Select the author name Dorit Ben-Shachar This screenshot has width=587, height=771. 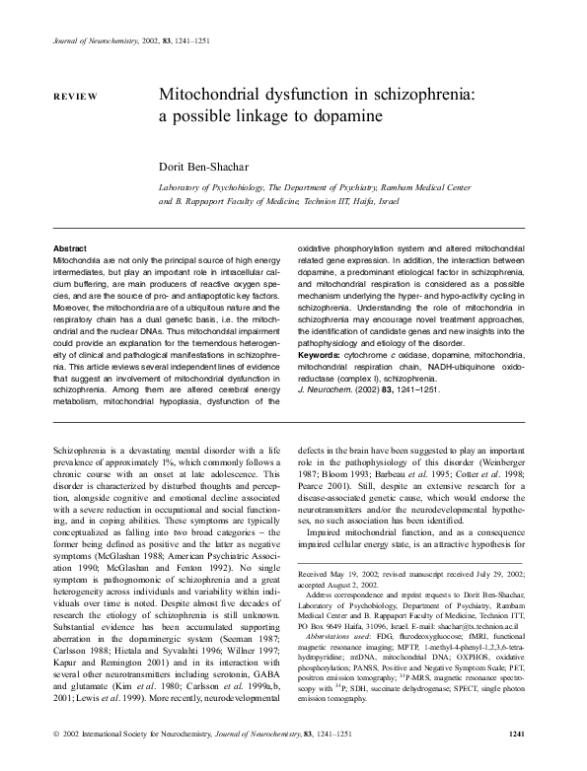click(210, 166)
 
